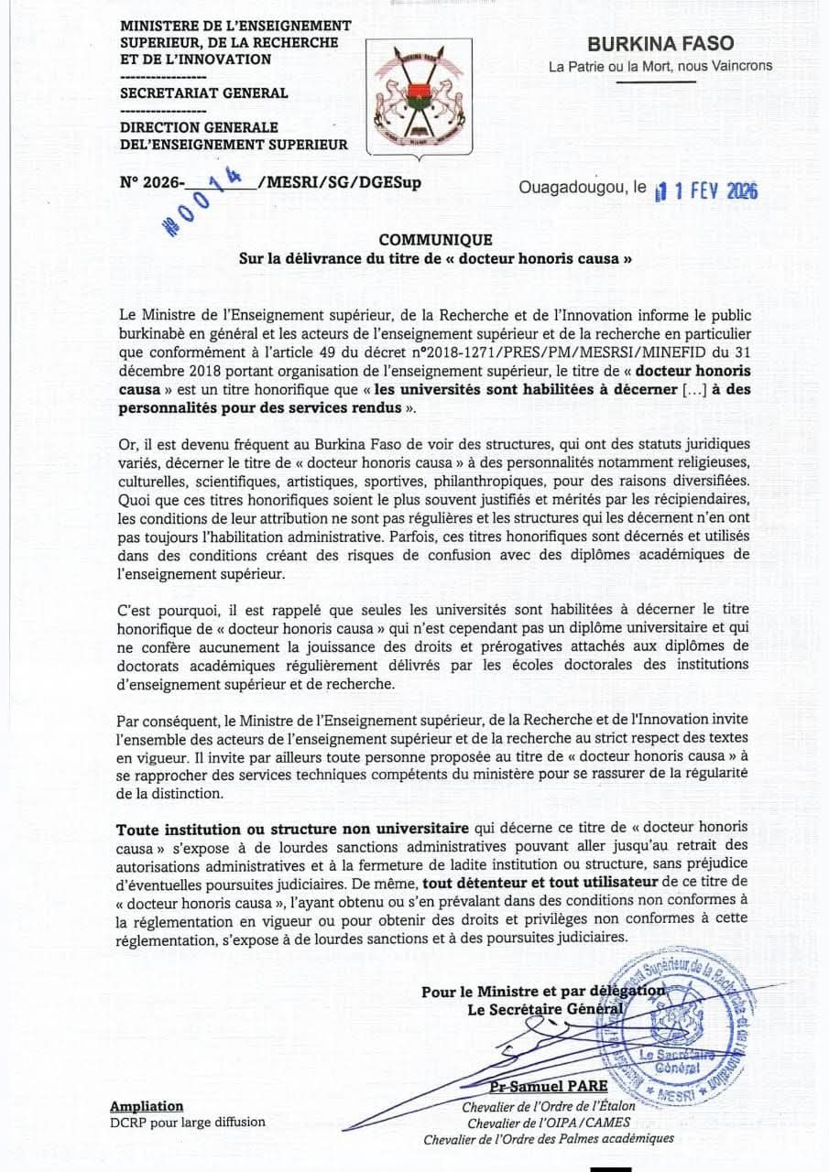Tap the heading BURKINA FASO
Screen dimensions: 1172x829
click(x=660, y=43)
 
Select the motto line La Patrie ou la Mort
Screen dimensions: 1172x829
click(x=660, y=66)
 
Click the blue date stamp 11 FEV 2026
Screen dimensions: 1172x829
click(x=706, y=190)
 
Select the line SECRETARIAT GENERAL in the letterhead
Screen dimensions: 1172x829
click(x=204, y=92)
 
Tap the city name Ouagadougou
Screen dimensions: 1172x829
click(x=571, y=188)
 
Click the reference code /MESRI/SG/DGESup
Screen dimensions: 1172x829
click(x=340, y=182)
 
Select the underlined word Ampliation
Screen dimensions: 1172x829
click(x=147, y=1106)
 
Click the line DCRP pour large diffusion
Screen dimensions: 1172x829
click(x=187, y=1122)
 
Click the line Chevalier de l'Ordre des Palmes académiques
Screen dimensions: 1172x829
click(x=549, y=1139)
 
